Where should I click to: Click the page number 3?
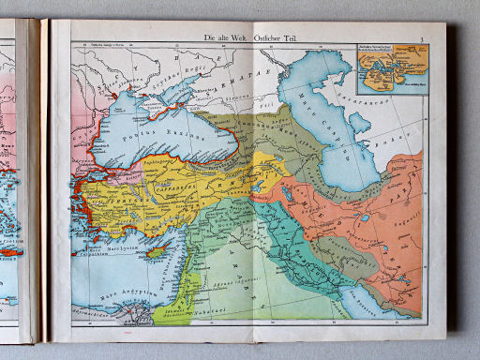click(x=423, y=37)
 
